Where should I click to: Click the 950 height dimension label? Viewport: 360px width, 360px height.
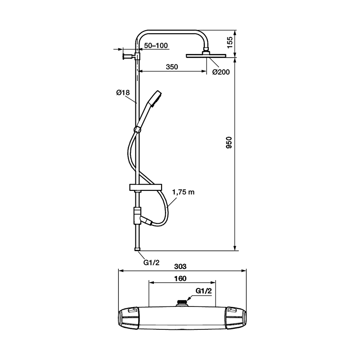point(229,143)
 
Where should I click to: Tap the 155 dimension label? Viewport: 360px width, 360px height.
point(230,42)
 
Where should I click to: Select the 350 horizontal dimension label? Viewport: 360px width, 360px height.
point(172,67)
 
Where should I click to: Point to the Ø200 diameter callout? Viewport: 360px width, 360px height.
point(221,72)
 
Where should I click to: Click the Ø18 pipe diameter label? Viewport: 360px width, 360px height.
point(123,93)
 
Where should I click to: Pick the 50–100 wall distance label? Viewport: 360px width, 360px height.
point(156,45)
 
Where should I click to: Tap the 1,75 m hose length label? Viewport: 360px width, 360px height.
point(183,192)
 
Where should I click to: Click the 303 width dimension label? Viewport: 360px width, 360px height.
point(180,266)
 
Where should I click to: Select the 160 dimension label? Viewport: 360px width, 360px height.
point(180,279)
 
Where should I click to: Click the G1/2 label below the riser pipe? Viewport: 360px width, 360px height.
point(151,262)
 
